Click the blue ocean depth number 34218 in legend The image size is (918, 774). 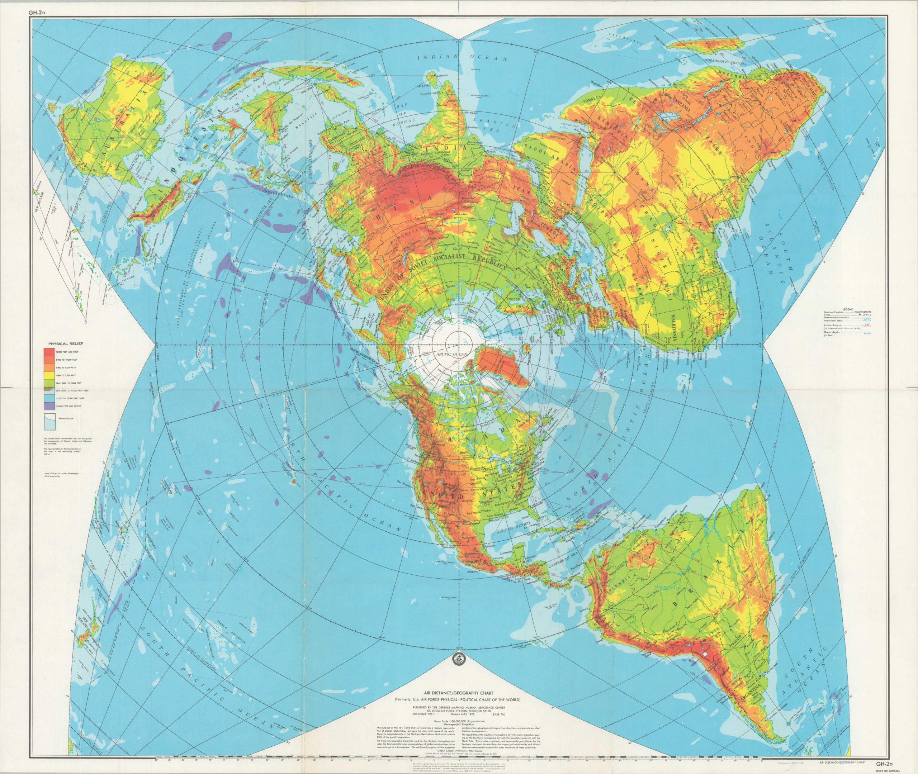coord(867,333)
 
